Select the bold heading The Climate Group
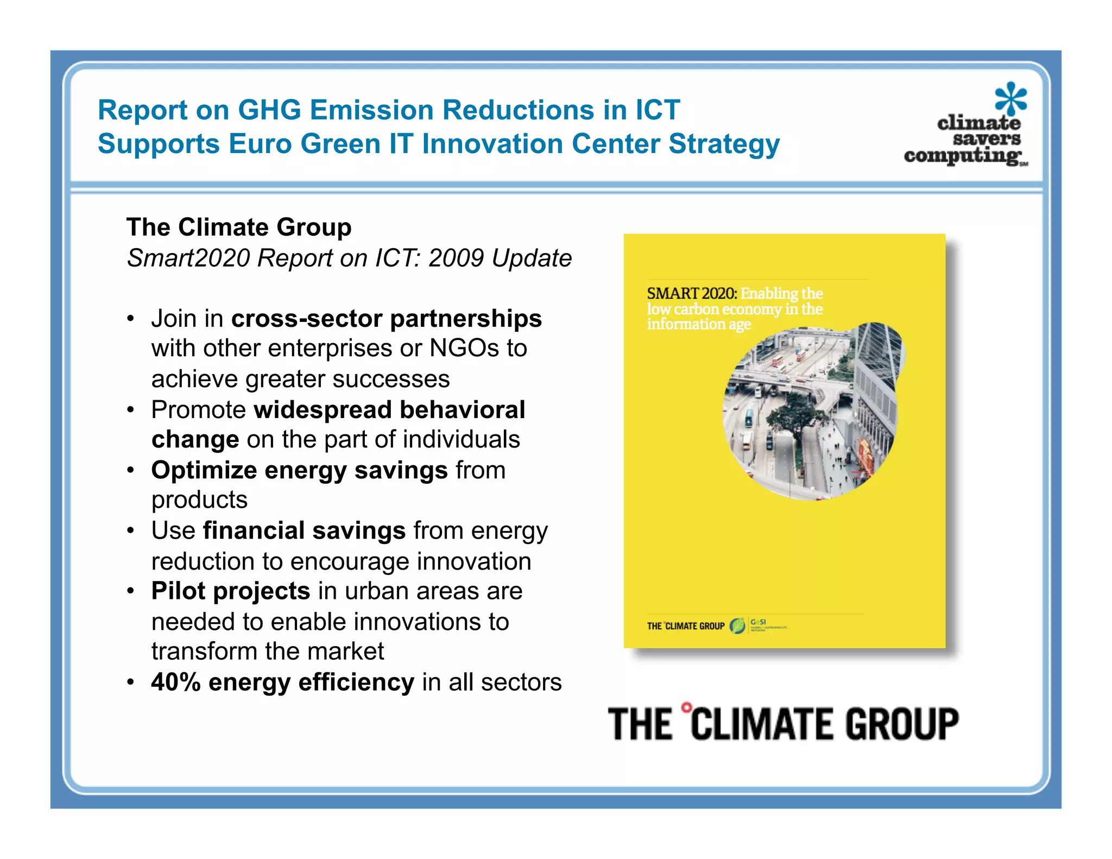[239, 227]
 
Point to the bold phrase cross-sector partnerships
[386, 319]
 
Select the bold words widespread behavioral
[389, 410]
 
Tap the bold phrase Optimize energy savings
[299, 470]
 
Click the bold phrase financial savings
[304, 530]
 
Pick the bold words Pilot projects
[231, 591]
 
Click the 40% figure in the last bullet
[176, 683]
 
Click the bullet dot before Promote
[130, 410]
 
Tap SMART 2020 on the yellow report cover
[691, 294]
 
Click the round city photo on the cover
[812, 413]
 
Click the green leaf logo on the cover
[737, 626]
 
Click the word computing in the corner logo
[962, 156]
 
